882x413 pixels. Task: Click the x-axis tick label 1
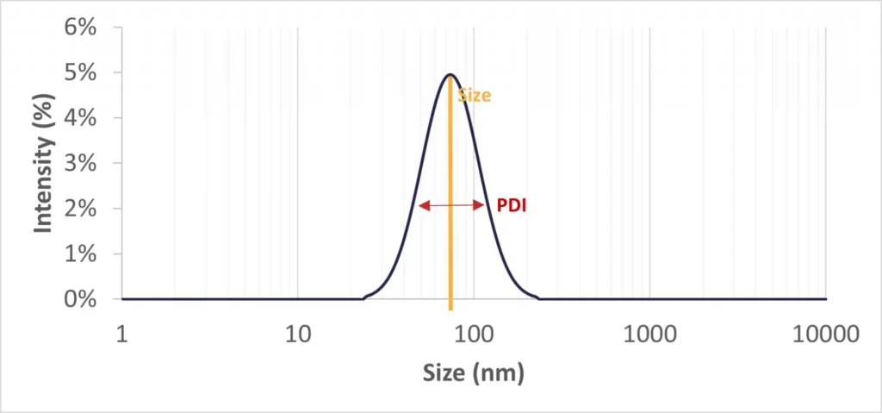(x=122, y=334)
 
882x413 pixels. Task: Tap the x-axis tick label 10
(x=298, y=334)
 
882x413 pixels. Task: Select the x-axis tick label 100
(x=474, y=334)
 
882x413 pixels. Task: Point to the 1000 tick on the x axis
(x=649, y=334)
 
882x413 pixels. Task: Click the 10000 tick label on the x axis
(x=825, y=334)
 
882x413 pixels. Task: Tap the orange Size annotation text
(x=475, y=96)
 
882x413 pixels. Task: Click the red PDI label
(x=511, y=206)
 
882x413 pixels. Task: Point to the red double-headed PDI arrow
(x=452, y=205)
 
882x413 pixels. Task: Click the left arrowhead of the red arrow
(x=422, y=205)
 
